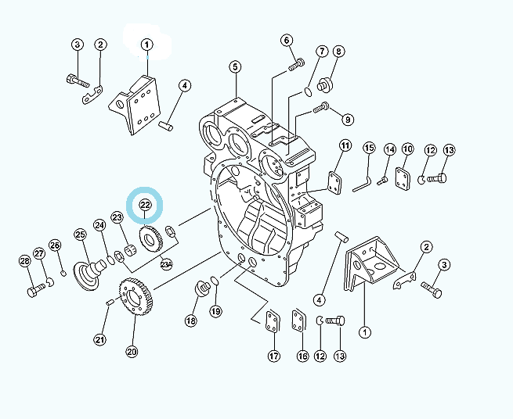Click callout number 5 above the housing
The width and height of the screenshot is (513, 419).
(235, 67)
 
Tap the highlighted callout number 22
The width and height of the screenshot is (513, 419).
(145, 205)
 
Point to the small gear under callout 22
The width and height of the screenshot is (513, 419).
(151, 239)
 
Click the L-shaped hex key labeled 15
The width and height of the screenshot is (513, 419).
(363, 184)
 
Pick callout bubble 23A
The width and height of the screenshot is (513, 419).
(166, 264)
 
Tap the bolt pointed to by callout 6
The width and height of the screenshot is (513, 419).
(296, 64)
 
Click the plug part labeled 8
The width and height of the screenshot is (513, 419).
(325, 84)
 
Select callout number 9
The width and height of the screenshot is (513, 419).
(348, 120)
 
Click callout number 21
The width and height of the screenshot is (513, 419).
(100, 339)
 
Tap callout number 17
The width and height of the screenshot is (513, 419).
(274, 356)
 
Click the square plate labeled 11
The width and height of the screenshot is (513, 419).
(334, 181)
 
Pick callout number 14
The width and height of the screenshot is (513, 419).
(390, 150)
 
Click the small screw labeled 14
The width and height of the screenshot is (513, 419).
(382, 181)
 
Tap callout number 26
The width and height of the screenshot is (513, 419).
(55, 245)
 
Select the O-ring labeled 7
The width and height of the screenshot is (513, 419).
(309, 92)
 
